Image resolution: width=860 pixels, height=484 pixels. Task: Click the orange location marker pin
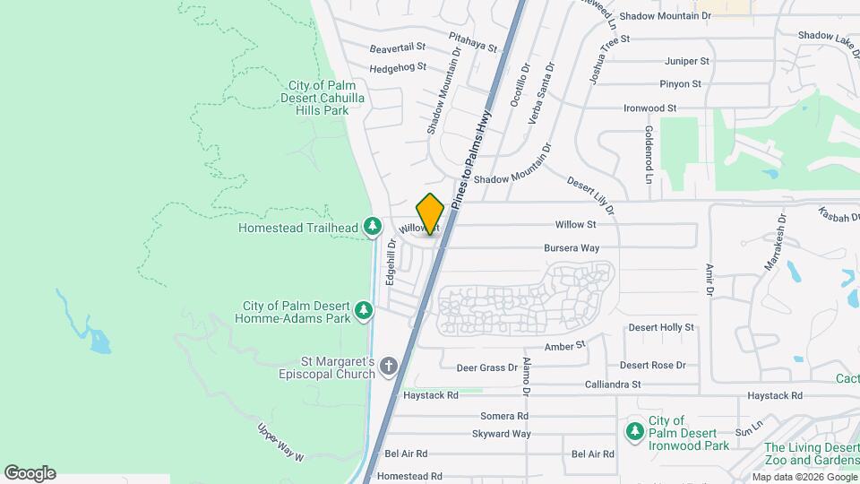click(430, 214)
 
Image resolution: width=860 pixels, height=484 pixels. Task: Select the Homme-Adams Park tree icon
click(364, 310)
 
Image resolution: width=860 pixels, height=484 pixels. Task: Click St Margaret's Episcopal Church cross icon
click(388, 366)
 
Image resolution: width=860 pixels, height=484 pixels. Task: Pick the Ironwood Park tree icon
click(634, 432)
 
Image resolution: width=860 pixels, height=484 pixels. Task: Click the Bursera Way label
click(571, 247)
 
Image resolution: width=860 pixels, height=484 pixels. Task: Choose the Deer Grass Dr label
click(486, 367)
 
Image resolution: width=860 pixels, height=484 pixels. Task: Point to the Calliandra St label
click(612, 384)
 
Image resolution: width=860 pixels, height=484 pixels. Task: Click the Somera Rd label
click(504, 416)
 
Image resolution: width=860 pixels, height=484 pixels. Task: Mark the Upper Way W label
click(280, 443)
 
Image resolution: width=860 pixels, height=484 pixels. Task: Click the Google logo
click(30, 473)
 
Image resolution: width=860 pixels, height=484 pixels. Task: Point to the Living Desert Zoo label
click(811, 454)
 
